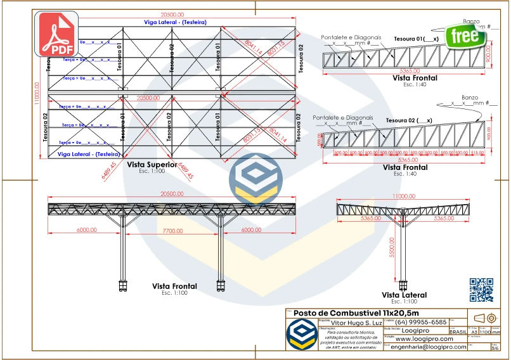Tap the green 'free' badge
point(463,35)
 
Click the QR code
point(481,290)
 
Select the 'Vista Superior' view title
point(152,164)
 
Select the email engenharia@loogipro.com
point(428,347)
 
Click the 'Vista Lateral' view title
point(404,295)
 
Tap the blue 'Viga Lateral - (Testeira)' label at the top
point(175,22)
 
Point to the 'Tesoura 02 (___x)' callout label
point(408,120)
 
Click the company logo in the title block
point(301,333)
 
